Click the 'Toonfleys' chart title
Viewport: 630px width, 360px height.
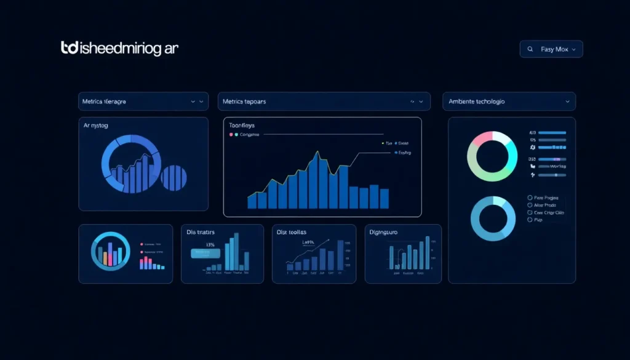[x=241, y=126]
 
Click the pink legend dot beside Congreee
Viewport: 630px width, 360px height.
[x=231, y=134]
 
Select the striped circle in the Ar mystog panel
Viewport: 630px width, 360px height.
[x=173, y=177]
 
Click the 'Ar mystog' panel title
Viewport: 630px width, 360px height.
[x=95, y=126]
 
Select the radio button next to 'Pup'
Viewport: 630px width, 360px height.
[x=530, y=220]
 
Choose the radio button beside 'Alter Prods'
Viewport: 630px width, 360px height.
[x=530, y=206]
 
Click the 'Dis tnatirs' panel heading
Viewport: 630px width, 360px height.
[x=201, y=232]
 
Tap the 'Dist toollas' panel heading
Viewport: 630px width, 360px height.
[x=292, y=232]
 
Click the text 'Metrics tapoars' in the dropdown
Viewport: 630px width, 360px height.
[x=244, y=101]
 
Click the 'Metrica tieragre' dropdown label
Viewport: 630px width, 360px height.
[x=104, y=101]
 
